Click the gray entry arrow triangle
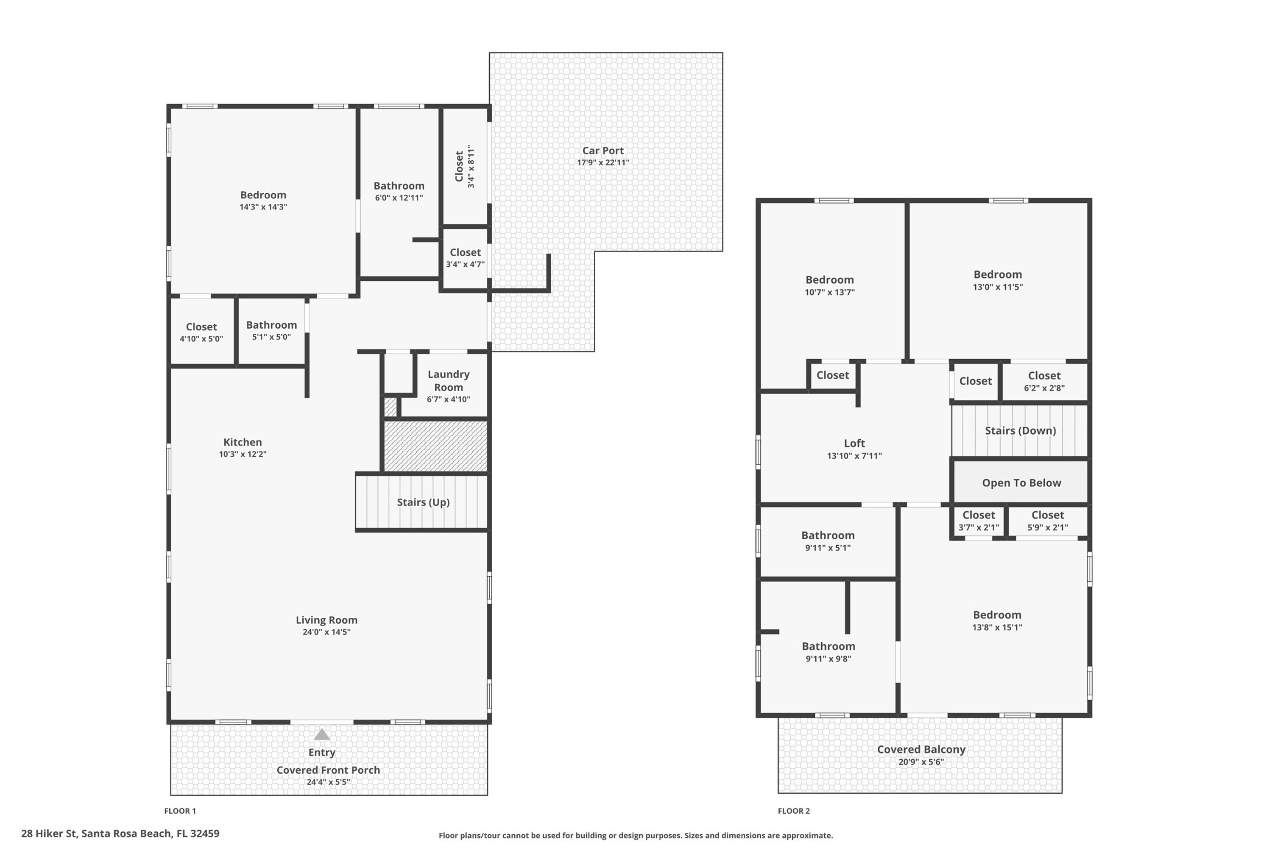pos(322,734)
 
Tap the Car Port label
pos(603,151)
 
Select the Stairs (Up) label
pos(423,502)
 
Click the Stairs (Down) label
pos(1020,430)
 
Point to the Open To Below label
pos(1021,483)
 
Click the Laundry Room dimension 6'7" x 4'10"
pos(448,399)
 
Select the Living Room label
pos(326,620)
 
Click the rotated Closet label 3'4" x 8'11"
pos(465,166)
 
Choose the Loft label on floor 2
pos(854,443)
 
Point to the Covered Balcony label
pos(921,749)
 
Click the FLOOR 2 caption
pos(793,811)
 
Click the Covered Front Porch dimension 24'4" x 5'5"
pos(328,782)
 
